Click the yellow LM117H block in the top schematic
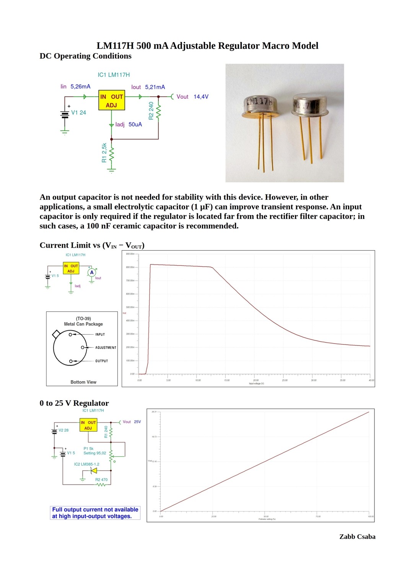click(x=111, y=101)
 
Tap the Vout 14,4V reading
click(x=192, y=97)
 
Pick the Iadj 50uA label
click(x=129, y=125)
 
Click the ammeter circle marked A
click(x=92, y=272)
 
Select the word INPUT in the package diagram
click(x=100, y=334)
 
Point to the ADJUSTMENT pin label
click(x=106, y=348)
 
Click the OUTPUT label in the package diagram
click(x=101, y=361)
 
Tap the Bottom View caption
click(x=83, y=382)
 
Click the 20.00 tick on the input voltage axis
click(x=256, y=380)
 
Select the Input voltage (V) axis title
click(x=256, y=384)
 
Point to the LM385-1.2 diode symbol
click(x=93, y=471)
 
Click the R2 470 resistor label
click(x=101, y=480)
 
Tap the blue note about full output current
click(x=95, y=513)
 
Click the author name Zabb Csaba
click(x=357, y=537)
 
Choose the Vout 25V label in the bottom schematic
click(x=132, y=422)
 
